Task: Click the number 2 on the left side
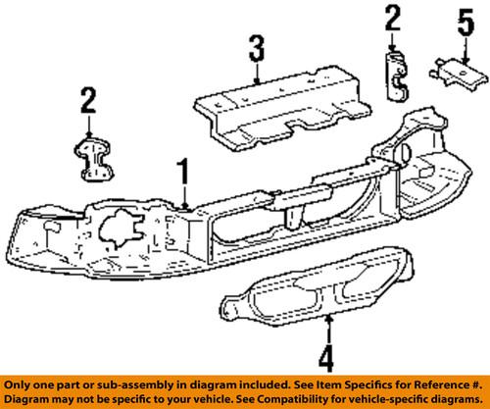(x=89, y=100)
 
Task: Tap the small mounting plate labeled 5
(x=454, y=71)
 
